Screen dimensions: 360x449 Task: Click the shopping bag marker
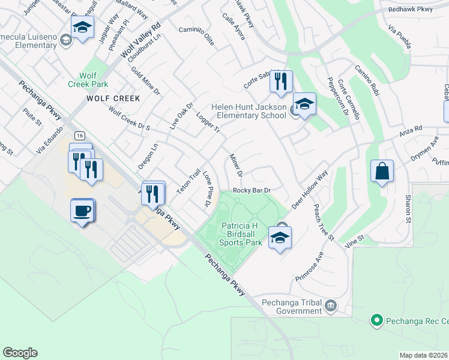click(x=382, y=172)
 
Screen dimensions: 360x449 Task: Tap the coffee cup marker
click(x=83, y=211)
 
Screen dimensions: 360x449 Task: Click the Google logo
click(x=20, y=353)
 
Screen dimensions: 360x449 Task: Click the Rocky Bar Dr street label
click(x=252, y=190)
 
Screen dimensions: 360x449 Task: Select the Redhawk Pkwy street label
click(x=414, y=10)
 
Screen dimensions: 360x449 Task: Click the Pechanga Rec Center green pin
click(x=377, y=320)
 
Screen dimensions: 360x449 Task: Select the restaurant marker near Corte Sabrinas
click(x=280, y=82)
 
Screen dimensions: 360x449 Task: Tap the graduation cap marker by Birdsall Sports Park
click(x=280, y=238)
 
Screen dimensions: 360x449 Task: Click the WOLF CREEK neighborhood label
click(x=113, y=98)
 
